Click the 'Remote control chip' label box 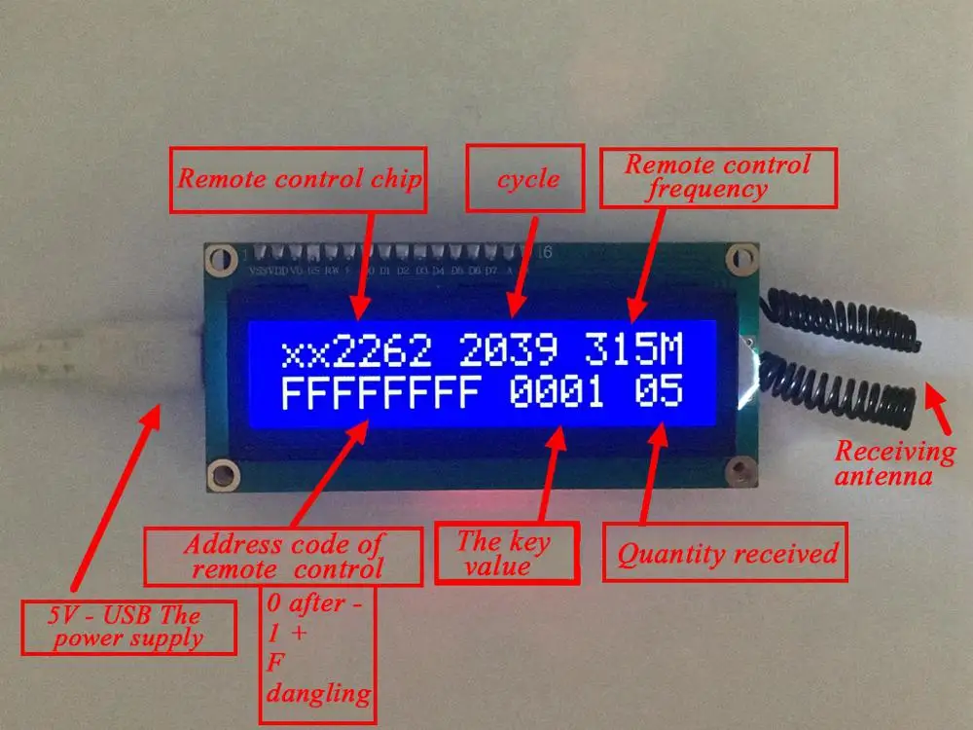pos(299,179)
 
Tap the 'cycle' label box pos(526,178)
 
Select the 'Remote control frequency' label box pos(718,177)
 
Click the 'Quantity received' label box pos(727,555)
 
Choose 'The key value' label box pos(505,554)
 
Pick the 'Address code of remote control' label pos(283,556)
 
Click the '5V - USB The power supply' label pos(129,628)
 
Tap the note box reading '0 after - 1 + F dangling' pos(316,647)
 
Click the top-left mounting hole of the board pos(223,258)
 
